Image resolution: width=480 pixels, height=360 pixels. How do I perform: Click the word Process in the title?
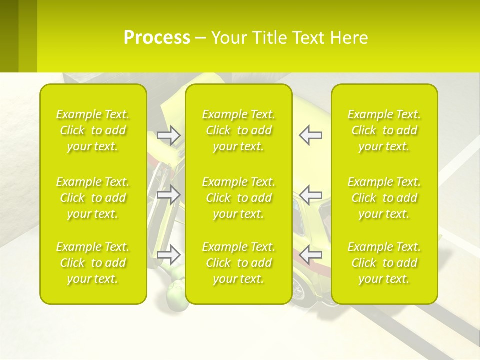tap(157, 38)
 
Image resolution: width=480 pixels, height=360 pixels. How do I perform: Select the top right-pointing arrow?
tap(169, 135)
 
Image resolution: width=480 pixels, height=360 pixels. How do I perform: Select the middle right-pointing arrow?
tap(169, 194)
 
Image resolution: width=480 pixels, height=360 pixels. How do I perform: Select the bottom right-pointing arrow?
tap(169, 254)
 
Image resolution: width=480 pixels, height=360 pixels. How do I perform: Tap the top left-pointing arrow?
tap(310, 135)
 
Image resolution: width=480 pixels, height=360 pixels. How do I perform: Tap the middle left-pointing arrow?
tap(310, 194)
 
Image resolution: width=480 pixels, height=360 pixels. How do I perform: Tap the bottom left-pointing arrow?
tap(310, 254)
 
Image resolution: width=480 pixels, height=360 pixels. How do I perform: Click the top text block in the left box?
tap(93, 130)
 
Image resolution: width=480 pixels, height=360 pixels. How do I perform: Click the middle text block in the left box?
tap(93, 198)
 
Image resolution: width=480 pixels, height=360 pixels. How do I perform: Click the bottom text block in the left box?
tap(93, 263)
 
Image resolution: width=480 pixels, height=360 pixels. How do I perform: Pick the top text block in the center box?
tap(239, 130)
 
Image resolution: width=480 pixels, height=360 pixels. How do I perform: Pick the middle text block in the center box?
tap(239, 198)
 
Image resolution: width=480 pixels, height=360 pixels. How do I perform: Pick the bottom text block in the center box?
tap(239, 263)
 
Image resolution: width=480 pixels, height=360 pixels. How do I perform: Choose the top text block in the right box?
tap(384, 130)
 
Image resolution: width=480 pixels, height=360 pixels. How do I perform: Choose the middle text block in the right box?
tap(384, 198)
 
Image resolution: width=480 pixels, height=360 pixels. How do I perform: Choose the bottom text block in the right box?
tap(384, 263)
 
